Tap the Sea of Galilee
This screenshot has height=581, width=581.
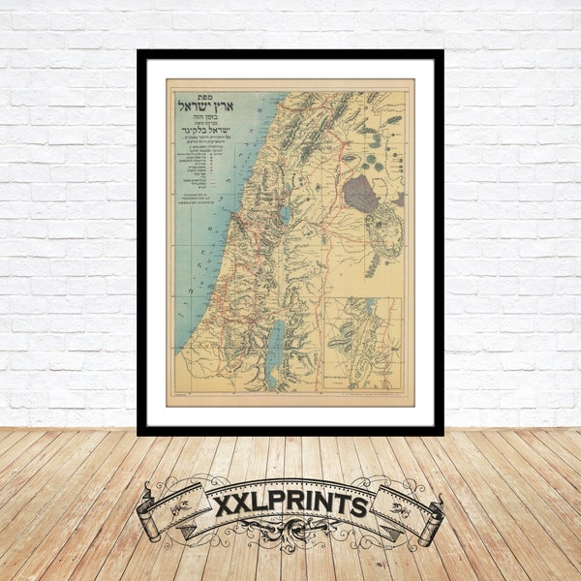pyautogui.click(x=285, y=214)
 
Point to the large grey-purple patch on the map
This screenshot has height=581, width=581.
pyautogui.click(x=362, y=193)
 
